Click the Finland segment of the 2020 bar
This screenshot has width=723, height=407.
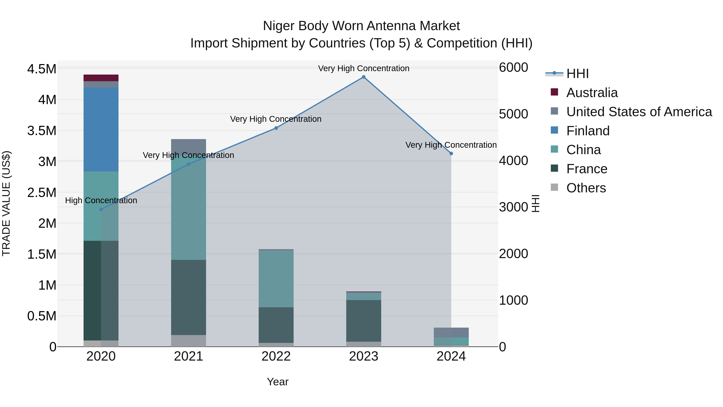point(101,129)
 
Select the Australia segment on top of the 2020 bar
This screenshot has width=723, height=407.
point(101,78)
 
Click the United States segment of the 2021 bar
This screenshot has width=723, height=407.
point(188,146)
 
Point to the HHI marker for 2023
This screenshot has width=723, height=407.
point(364,77)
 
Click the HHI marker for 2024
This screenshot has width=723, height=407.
point(451,154)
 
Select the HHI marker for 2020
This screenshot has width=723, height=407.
point(101,210)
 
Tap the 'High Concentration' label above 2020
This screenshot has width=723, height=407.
point(101,201)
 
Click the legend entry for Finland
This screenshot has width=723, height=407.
point(588,131)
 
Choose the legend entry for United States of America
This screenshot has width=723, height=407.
point(639,112)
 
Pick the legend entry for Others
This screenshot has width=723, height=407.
point(586,188)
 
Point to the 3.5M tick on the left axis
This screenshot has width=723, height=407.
point(42,131)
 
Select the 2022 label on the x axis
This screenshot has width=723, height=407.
point(276,356)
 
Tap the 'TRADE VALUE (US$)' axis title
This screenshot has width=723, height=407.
point(6,203)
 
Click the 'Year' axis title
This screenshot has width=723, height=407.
point(278,382)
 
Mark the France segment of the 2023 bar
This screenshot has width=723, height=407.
point(364,321)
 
